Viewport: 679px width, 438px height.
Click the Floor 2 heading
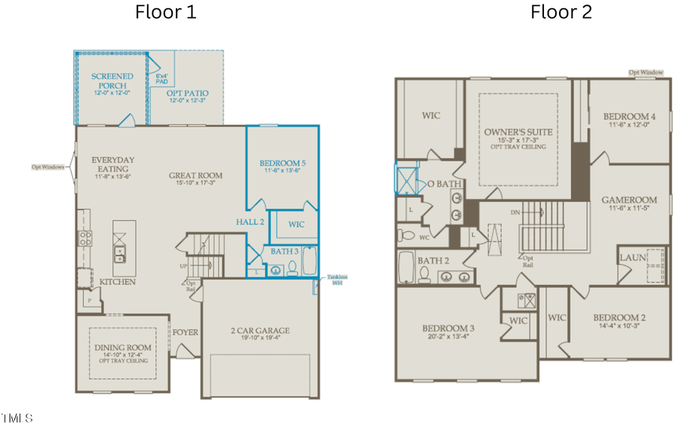pyautogui.click(x=561, y=12)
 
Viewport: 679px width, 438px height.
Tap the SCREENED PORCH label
pyautogui.click(x=112, y=81)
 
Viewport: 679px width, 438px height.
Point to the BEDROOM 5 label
pyautogui.click(x=283, y=163)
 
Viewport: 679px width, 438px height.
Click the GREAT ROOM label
pyautogui.click(x=195, y=176)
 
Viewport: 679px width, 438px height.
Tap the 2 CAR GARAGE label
pyautogui.click(x=260, y=330)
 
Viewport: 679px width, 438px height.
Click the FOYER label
pyautogui.click(x=185, y=332)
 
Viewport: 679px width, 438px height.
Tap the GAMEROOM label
pyautogui.click(x=629, y=200)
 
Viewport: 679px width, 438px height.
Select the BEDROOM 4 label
pyautogui.click(x=629, y=117)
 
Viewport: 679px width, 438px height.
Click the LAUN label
pyautogui.click(x=632, y=257)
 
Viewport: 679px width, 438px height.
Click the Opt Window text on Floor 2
pyautogui.click(x=647, y=72)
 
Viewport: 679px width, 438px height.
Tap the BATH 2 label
pyautogui.click(x=434, y=261)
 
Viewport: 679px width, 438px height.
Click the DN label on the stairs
pyautogui.click(x=515, y=213)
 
